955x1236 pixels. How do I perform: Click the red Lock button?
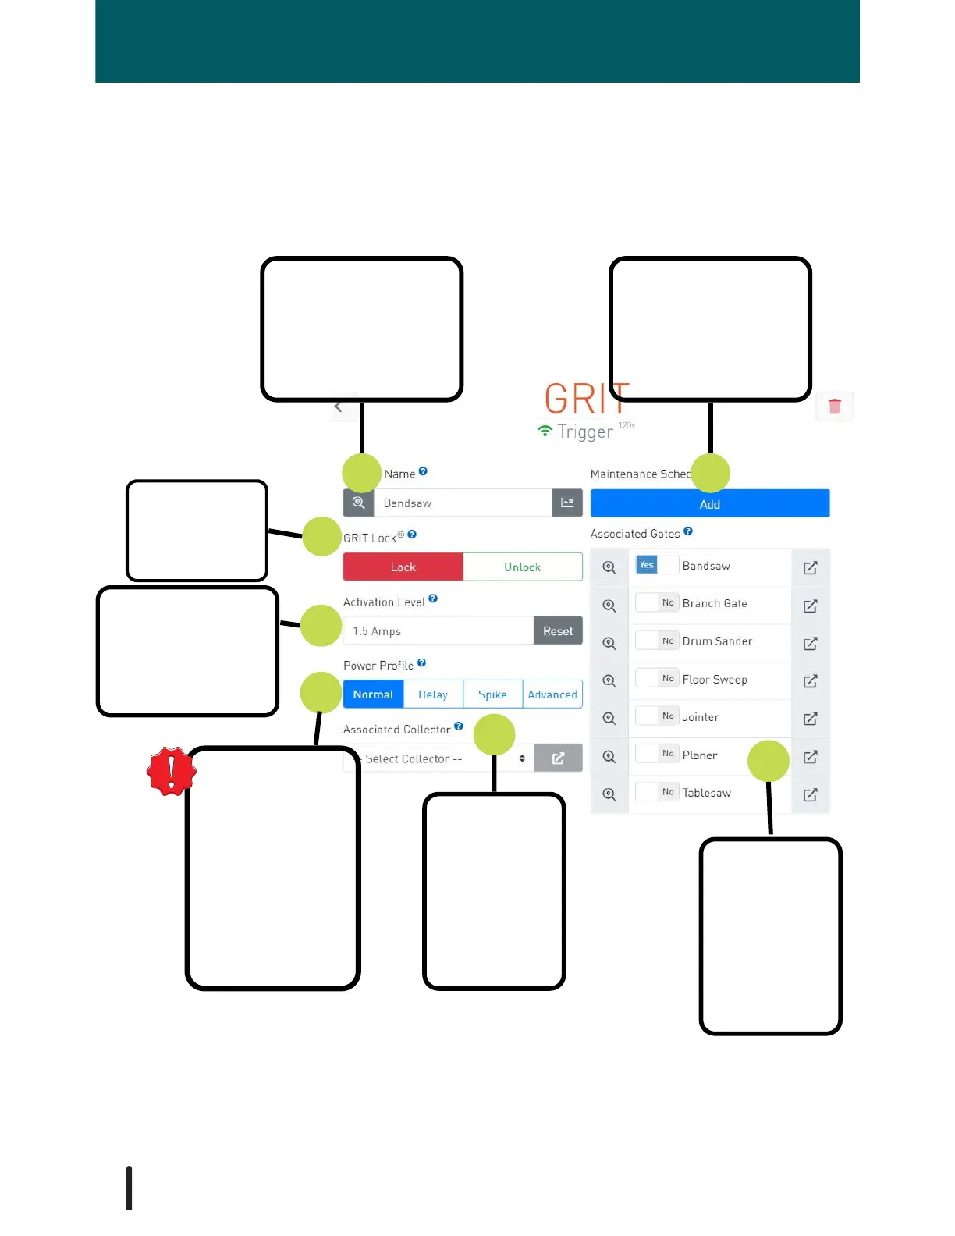point(403,567)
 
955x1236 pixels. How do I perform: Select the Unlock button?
point(523,567)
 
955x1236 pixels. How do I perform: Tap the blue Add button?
point(709,504)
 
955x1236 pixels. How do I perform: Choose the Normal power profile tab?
point(373,694)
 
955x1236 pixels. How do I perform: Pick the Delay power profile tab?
point(433,694)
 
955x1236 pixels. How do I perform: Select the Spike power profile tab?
point(492,694)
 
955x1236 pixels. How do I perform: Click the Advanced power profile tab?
point(552,694)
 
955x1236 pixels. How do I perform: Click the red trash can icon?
point(834,407)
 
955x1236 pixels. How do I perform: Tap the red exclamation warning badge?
point(171,772)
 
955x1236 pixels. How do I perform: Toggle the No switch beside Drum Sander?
point(656,641)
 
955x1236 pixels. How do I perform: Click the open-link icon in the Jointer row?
point(811,718)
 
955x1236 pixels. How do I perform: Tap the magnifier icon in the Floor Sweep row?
point(609,681)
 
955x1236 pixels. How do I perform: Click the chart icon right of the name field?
point(567,503)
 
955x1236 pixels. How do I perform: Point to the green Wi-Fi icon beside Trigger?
point(545,431)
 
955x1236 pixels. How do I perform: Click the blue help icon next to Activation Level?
point(433,599)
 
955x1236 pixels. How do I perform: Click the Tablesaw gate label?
point(706,793)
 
